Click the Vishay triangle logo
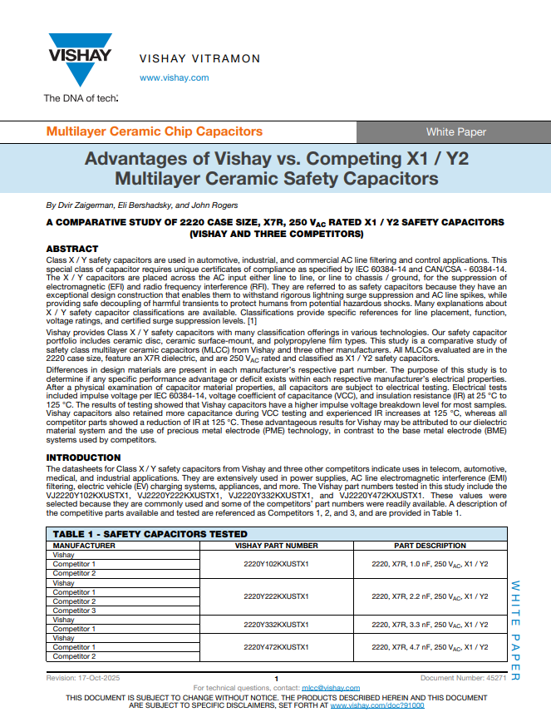(x=80, y=58)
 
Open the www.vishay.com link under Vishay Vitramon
(x=174, y=77)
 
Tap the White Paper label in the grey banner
(x=456, y=131)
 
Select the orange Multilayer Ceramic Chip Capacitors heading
(x=154, y=131)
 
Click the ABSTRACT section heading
(x=71, y=249)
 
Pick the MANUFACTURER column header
(x=85, y=546)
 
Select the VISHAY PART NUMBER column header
(x=276, y=546)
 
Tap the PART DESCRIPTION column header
(x=430, y=546)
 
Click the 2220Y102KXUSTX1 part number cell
(x=276, y=564)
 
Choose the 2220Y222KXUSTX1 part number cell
(x=276, y=596)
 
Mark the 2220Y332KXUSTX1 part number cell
(x=276, y=624)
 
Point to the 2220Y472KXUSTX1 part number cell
(x=276, y=646)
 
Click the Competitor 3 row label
(x=74, y=611)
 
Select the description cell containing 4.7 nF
(x=430, y=646)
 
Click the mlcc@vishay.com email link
(x=331, y=688)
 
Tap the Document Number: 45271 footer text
(x=463, y=679)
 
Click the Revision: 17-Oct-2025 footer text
(x=83, y=679)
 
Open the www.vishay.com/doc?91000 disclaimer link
(x=377, y=705)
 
